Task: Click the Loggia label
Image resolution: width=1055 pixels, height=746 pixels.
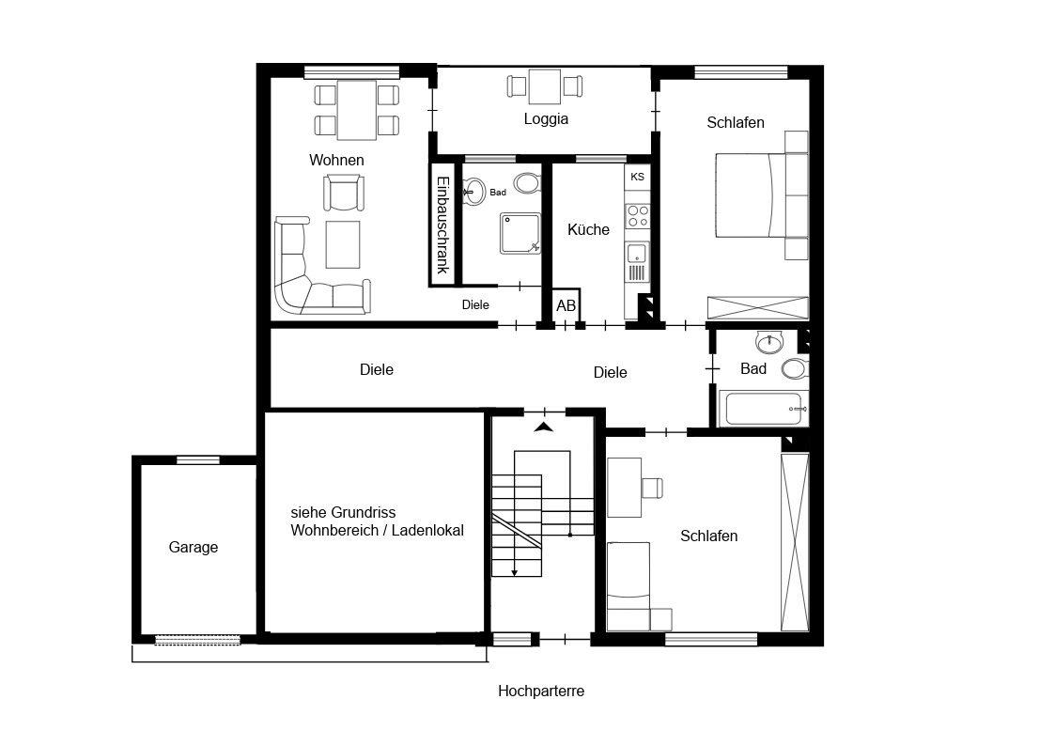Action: (x=546, y=119)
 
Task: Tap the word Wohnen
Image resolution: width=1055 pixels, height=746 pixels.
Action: (x=336, y=160)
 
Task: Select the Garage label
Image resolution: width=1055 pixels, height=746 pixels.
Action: (x=194, y=547)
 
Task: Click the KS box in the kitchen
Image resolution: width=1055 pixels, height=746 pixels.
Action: (x=637, y=177)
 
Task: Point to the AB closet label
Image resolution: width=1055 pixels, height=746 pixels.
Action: (x=566, y=306)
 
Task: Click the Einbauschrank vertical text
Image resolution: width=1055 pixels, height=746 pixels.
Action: (x=442, y=225)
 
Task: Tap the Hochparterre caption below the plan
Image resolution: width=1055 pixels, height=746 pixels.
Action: (x=541, y=691)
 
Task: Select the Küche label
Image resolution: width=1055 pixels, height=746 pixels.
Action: (x=588, y=229)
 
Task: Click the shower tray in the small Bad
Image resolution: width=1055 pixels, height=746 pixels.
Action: (x=520, y=233)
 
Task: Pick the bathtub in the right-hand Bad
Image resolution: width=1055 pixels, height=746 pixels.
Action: (x=763, y=409)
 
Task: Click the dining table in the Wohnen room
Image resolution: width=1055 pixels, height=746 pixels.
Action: (x=357, y=110)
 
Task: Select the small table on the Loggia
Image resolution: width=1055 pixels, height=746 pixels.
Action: (x=545, y=86)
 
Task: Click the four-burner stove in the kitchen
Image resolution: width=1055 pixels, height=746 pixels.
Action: (x=638, y=217)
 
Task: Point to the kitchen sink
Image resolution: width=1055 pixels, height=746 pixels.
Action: (x=637, y=255)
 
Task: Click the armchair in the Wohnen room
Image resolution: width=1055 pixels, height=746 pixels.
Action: (x=344, y=193)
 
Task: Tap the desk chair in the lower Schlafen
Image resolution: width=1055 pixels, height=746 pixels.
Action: (x=652, y=488)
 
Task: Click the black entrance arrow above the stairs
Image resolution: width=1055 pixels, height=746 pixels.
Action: (x=544, y=427)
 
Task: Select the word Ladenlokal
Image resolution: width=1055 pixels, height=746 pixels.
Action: (x=428, y=531)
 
